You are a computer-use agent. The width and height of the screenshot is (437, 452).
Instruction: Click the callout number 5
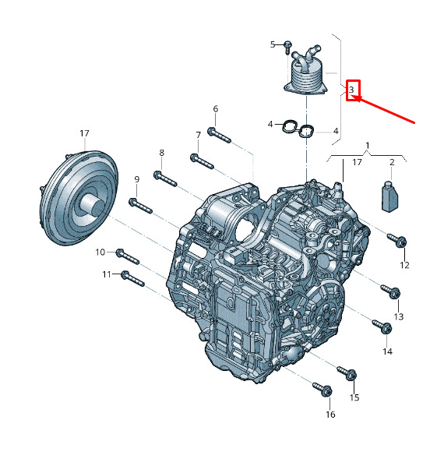(x=273, y=44)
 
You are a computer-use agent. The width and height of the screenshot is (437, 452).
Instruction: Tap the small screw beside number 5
(x=287, y=48)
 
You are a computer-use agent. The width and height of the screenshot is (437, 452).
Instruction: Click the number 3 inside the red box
(x=351, y=90)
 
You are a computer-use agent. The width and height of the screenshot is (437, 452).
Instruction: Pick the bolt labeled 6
(x=219, y=135)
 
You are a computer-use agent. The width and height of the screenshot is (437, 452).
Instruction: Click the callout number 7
(x=198, y=135)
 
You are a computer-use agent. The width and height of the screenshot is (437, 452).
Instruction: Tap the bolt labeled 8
(x=165, y=178)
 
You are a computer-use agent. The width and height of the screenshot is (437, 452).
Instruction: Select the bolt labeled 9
(x=140, y=206)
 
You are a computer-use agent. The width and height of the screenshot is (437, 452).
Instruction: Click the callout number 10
(x=100, y=252)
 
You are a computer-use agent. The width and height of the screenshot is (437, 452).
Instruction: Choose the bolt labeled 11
(x=132, y=279)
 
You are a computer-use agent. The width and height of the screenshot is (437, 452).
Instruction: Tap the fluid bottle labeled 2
(x=389, y=196)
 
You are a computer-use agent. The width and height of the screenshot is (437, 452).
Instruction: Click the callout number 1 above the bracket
(x=368, y=146)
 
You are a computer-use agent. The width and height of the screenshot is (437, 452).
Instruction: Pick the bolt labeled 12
(x=397, y=240)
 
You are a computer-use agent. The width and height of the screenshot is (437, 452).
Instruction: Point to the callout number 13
(x=399, y=317)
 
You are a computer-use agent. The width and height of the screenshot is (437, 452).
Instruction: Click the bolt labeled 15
(x=347, y=373)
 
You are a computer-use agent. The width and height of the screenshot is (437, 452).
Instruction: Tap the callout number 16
(x=331, y=415)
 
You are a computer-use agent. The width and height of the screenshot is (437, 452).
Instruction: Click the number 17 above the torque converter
(x=84, y=133)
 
